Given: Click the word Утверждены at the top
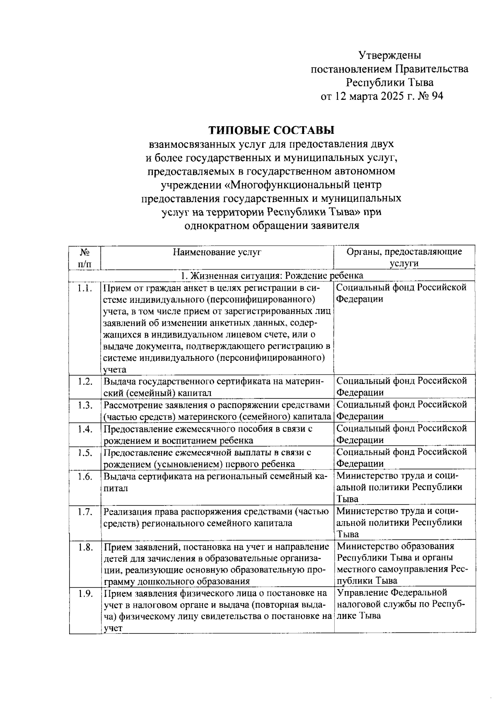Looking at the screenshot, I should pyautogui.click(x=389, y=55).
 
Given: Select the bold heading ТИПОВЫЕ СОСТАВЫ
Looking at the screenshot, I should pyautogui.click(x=271, y=130).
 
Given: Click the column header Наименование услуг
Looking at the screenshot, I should pyautogui.click(x=217, y=252).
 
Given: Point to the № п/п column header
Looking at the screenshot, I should pyautogui.click(x=85, y=257).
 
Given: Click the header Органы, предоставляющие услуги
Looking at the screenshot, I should pyautogui.click(x=404, y=257).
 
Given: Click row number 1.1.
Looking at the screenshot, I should pyautogui.click(x=84, y=288).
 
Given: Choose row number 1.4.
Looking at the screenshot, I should pyautogui.click(x=84, y=429).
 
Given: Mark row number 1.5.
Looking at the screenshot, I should pyautogui.click(x=84, y=452).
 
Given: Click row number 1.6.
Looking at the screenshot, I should pyautogui.click(x=84, y=476).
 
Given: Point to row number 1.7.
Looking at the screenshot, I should pyautogui.click(x=84, y=512).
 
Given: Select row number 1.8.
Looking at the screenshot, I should pyautogui.click(x=84, y=547).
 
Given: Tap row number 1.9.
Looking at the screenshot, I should pyautogui.click(x=84, y=594).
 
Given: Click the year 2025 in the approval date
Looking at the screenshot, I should pyautogui.click(x=388, y=96).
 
